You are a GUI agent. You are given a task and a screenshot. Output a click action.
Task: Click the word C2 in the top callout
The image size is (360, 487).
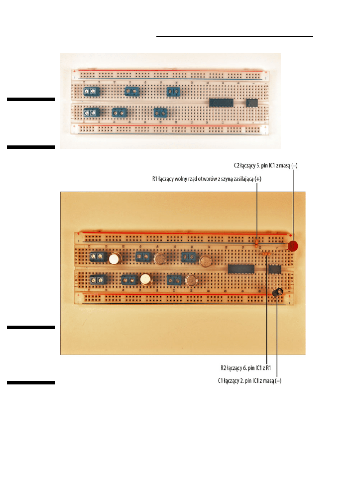237,165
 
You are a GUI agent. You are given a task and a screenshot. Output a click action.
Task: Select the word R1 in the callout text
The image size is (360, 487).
155,179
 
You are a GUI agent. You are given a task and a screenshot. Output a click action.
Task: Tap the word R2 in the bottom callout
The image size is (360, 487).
224,368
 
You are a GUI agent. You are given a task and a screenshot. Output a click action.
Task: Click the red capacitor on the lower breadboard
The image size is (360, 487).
293,246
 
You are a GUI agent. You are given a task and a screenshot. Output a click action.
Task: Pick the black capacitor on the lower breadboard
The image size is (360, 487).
277,292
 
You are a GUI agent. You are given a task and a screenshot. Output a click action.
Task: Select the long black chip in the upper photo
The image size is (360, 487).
221,103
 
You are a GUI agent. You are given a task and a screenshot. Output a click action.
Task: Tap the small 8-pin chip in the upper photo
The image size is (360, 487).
252,103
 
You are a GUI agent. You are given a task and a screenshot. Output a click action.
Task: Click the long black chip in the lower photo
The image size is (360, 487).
241,269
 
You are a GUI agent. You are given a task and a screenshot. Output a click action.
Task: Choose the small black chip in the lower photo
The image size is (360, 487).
275,269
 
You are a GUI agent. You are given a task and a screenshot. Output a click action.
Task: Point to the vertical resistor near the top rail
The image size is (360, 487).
256,244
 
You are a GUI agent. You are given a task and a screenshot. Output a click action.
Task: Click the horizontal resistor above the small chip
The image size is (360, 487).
265,254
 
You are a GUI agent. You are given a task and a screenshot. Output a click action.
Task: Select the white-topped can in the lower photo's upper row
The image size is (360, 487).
115,258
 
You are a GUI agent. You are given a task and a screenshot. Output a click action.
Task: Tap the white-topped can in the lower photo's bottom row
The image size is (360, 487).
146,279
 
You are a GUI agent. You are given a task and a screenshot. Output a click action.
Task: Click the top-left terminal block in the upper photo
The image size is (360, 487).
91,91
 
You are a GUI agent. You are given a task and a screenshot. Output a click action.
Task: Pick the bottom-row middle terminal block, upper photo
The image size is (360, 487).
120,113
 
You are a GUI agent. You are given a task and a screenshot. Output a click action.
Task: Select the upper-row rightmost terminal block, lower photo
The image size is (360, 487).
189,257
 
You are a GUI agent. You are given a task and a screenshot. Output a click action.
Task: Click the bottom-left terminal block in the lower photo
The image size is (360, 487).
98,279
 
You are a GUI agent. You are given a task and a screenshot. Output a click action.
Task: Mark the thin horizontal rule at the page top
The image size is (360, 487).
235,36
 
